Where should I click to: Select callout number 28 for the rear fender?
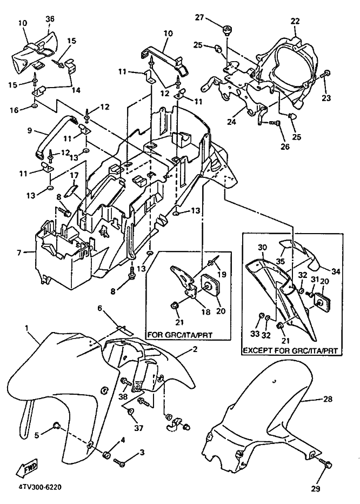tap(329, 399)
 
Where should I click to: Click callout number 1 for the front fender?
tap(26, 328)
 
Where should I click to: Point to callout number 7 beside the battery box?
tap(19, 253)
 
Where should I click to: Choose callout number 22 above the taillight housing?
tap(295, 21)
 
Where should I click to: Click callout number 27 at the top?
tap(200, 17)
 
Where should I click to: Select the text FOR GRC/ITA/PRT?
tap(180, 335)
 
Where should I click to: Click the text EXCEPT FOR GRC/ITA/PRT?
tap(290, 350)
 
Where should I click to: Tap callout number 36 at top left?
tap(50, 19)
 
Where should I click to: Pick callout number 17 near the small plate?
tap(74, 176)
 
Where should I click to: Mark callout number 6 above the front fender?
tap(100, 309)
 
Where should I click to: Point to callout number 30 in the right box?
tap(263, 248)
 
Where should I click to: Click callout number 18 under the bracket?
tap(205, 312)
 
